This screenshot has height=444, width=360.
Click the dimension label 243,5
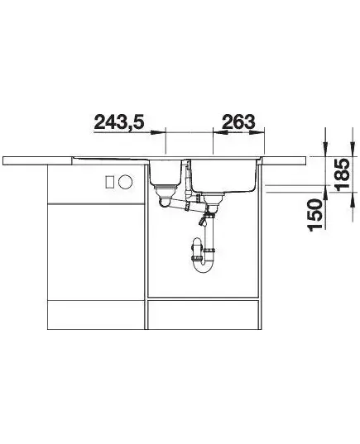119,122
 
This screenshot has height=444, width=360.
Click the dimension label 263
238,122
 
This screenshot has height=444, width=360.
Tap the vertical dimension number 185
342,174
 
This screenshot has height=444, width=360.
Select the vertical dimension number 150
316,214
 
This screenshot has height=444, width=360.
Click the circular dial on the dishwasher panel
125,182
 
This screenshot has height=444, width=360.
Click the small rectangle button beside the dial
109,181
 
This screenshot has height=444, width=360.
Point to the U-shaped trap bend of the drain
203,265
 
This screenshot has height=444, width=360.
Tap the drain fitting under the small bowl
166,193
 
